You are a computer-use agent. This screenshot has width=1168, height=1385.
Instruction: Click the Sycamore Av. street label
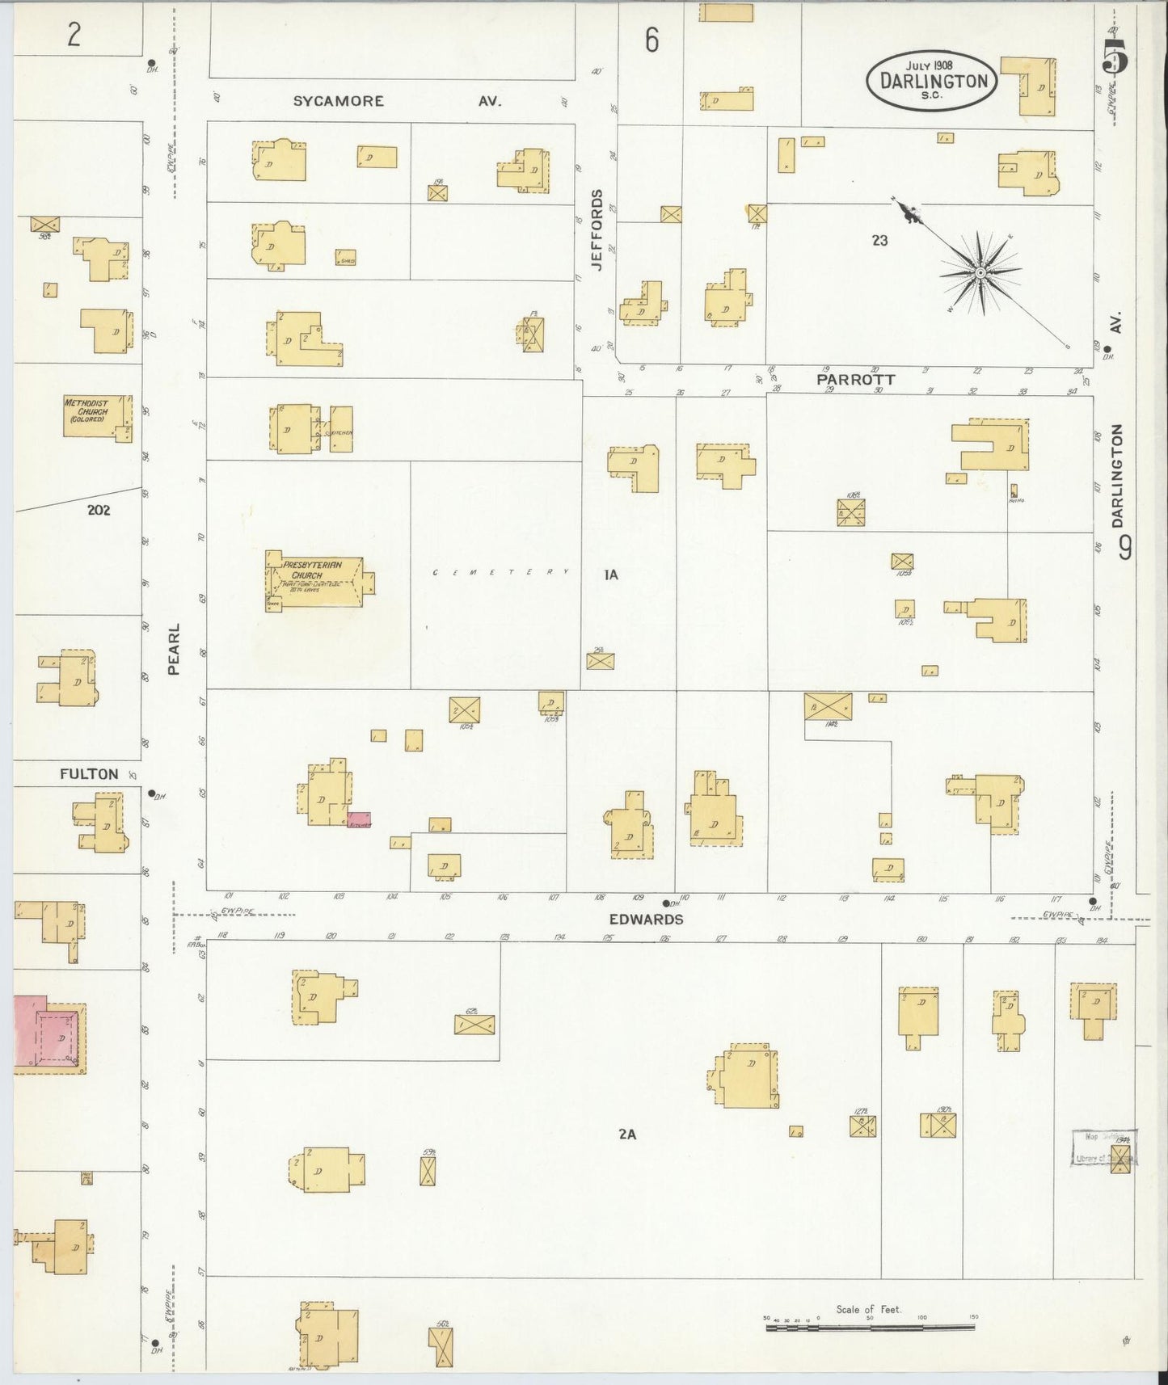click(396, 101)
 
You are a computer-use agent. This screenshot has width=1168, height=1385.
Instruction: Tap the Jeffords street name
click(597, 229)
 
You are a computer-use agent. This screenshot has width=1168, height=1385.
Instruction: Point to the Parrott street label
click(855, 379)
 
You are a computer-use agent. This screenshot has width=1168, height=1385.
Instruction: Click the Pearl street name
click(174, 648)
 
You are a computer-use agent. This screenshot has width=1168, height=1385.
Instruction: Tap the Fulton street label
click(89, 773)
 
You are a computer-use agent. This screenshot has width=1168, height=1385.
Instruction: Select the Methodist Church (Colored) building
click(96, 415)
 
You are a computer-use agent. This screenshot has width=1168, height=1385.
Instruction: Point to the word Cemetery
click(500, 572)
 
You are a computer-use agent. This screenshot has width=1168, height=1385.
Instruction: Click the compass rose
click(980, 273)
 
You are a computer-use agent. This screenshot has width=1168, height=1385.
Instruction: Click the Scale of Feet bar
click(869, 1326)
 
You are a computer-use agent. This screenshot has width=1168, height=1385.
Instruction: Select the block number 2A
click(627, 1134)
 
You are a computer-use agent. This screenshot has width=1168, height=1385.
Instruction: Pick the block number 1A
click(611, 575)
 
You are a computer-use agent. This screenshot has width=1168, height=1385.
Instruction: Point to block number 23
click(879, 240)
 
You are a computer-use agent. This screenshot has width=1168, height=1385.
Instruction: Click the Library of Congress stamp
click(1103, 1147)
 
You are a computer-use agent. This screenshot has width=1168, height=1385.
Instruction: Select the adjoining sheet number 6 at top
click(651, 40)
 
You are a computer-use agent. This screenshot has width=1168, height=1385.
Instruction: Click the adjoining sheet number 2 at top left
click(74, 35)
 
